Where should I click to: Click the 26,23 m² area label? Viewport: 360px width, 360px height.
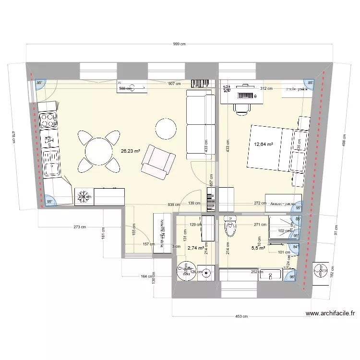[130, 151]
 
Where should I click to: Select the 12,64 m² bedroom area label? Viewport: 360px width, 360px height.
[264, 144]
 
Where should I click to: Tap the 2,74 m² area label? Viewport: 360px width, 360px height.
[196, 248]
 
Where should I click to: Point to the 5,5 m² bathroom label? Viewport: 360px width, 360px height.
[259, 248]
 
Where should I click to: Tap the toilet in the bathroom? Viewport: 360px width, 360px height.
[231, 226]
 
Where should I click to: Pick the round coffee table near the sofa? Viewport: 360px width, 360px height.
[166, 129]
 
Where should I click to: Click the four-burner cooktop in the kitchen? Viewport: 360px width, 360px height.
[48, 120]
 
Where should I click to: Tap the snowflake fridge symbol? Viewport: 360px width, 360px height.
[84, 196]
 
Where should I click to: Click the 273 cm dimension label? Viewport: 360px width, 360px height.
[80, 227]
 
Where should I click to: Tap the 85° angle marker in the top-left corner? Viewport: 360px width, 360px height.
[40, 83]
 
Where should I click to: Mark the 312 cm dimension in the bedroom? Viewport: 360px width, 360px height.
[266, 88]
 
